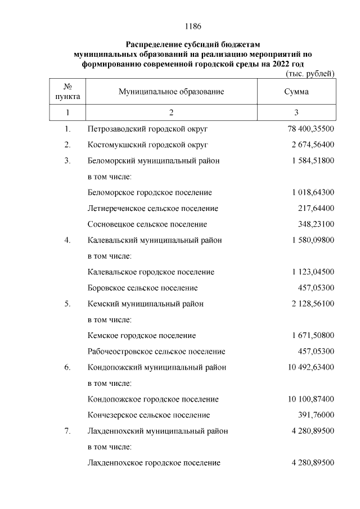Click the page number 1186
193,26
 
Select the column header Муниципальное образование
171,92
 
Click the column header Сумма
296,92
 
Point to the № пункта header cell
67,92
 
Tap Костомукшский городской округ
148,145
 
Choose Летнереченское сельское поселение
153,208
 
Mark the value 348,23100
316,224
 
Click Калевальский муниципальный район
155,240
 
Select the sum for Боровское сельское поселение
316,288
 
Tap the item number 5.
67,304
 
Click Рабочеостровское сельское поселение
156,352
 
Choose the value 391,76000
316,415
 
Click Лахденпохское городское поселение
154,463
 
